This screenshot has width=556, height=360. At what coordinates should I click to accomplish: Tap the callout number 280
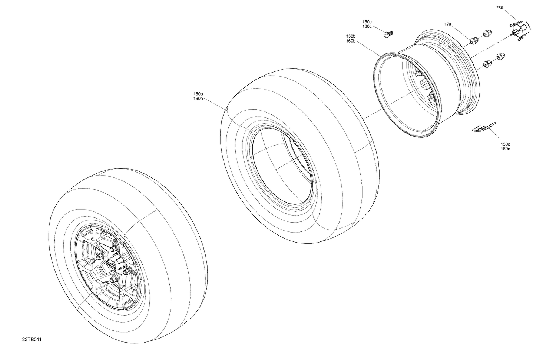click(500, 8)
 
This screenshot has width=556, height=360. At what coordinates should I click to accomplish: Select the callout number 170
click(448, 24)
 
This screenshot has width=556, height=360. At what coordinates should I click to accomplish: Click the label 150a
click(198, 94)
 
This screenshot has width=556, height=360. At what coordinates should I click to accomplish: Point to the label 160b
click(351, 41)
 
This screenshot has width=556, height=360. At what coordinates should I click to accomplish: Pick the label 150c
click(367, 22)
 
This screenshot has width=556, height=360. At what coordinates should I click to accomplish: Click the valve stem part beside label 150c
click(388, 34)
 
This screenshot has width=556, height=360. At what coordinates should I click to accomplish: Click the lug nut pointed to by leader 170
click(473, 40)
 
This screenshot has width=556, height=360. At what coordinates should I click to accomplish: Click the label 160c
click(367, 27)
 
